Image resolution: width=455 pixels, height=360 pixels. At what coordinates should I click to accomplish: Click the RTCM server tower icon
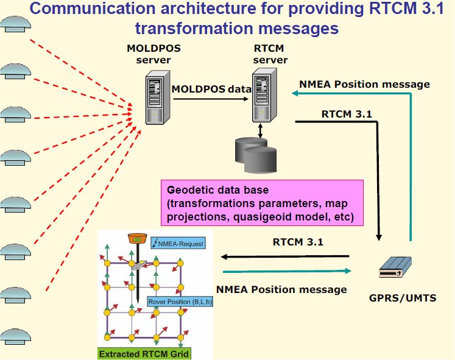(263, 95)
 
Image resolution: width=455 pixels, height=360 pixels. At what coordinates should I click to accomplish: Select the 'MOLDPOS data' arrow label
(211, 88)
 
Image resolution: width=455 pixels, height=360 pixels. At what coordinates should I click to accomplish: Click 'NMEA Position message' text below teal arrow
(281, 289)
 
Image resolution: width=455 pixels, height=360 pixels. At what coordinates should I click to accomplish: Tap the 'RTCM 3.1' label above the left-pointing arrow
(298, 241)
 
